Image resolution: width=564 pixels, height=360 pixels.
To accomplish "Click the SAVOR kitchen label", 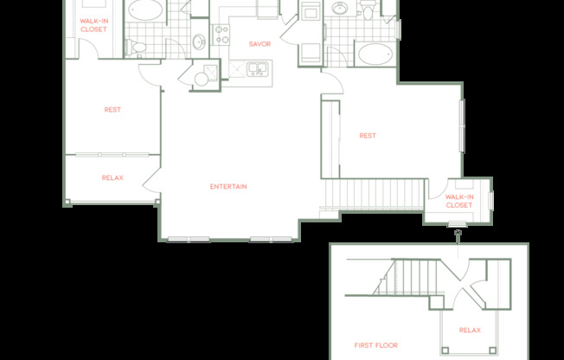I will tap(260, 44).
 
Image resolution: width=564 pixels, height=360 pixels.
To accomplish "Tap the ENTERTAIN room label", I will tap(228, 187).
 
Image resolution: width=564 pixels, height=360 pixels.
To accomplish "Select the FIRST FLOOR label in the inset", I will tap(376, 345).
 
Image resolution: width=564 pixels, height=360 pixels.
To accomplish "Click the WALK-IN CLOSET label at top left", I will tap(93, 25).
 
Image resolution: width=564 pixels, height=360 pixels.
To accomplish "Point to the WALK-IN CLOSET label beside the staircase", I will tap(458, 202).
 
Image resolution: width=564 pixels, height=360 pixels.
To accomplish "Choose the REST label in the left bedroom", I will tap(112, 110).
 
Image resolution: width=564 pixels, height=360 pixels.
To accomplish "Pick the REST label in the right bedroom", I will tap(368, 135).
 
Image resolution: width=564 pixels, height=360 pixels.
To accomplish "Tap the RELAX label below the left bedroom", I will tap(112, 178).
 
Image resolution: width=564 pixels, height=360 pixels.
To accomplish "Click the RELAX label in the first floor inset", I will tap(470, 331).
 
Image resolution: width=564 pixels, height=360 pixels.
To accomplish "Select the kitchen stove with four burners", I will tap(221, 34).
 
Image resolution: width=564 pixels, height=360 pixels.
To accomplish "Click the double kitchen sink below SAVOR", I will tap(257, 67).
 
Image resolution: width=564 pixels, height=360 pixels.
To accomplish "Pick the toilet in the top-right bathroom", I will tap(369, 10).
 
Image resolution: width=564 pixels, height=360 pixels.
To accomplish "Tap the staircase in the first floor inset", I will tap(406, 279).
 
